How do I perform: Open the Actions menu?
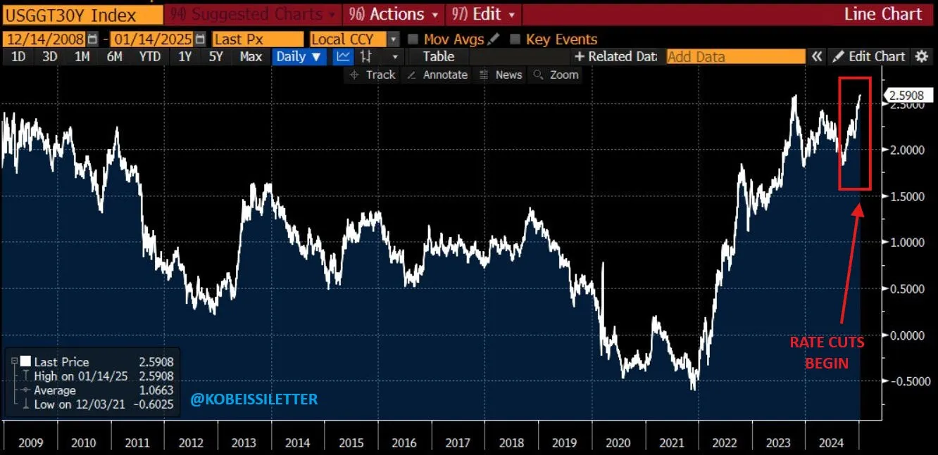394,15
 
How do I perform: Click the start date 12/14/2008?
44,39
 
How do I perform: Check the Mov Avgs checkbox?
413,39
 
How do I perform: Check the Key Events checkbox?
515,39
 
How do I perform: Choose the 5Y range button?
215,57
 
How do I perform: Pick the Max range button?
251,57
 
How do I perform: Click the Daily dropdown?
299,57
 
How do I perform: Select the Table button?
438,57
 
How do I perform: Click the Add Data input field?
735,57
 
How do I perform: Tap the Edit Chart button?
870,57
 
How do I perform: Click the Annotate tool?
437,75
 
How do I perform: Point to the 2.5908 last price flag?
904,96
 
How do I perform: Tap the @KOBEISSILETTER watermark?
254,399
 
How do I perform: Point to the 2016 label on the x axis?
404,443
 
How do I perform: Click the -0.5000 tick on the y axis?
904,381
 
